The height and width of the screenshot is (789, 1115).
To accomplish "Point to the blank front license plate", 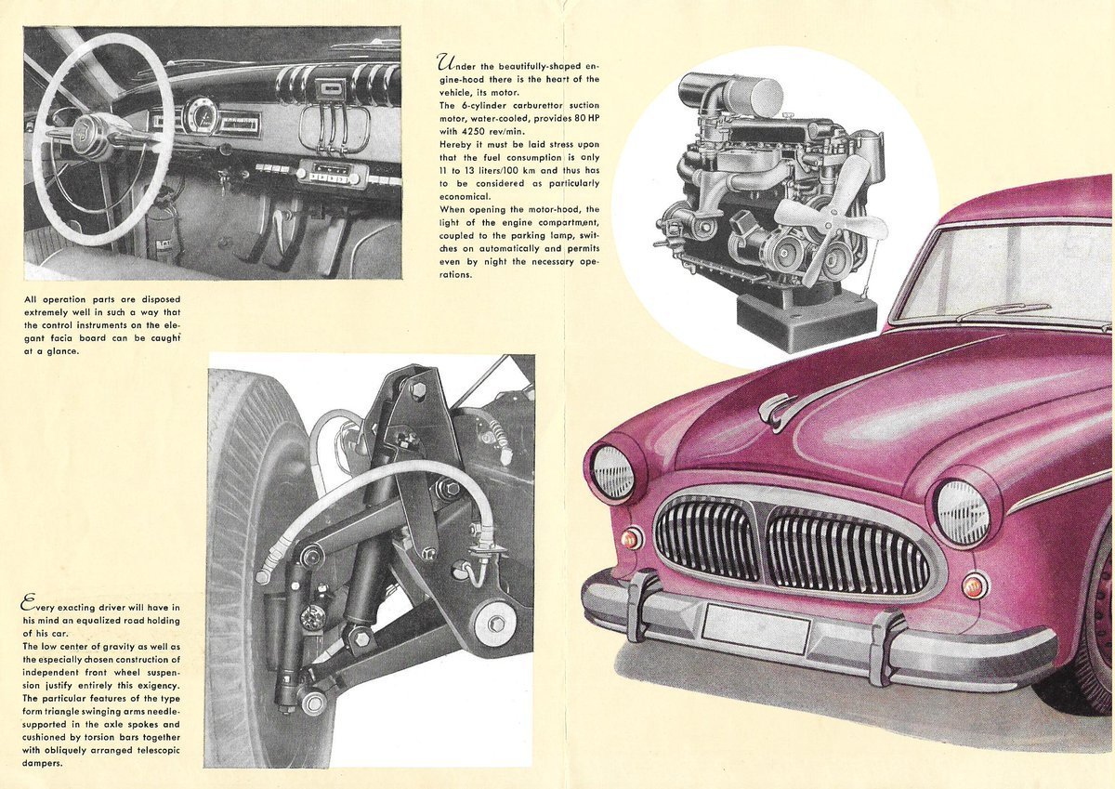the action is tap(755, 628).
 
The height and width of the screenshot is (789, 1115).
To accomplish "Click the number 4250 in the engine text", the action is tap(477, 131).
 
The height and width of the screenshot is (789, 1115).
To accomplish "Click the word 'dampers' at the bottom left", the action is tap(43, 764).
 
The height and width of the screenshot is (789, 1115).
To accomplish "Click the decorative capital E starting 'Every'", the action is tap(29, 604).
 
